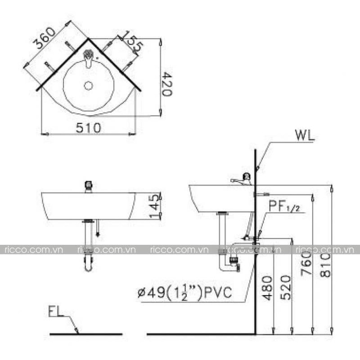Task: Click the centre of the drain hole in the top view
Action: click(89, 86)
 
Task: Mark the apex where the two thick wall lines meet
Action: click(88, 39)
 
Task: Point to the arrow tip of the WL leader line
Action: click(257, 170)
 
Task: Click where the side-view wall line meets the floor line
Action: click(255, 334)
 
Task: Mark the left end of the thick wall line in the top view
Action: click(37, 90)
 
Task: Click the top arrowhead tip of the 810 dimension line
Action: click(331, 185)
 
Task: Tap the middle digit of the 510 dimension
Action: click(89, 128)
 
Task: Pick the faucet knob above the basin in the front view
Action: click(89, 186)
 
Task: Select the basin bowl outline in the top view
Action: click(89, 86)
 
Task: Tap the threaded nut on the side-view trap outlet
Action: click(234, 260)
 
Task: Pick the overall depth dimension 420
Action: click(167, 84)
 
